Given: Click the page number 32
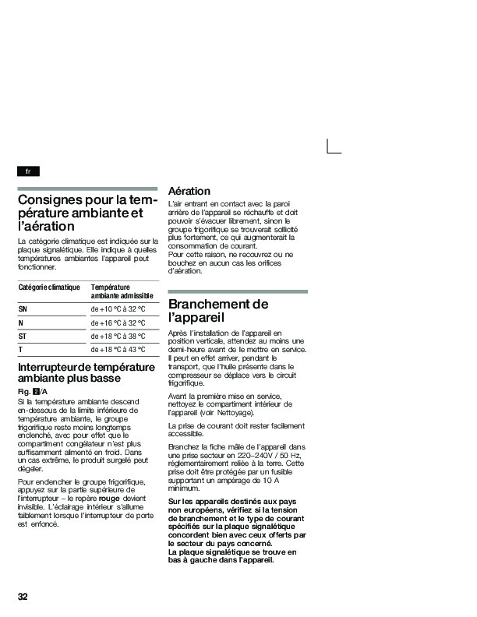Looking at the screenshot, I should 23,597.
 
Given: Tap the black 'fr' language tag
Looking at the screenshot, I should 28,171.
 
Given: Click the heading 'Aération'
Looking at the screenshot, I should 189,191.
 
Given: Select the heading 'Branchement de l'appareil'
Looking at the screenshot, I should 218,310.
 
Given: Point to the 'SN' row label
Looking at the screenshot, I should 23,308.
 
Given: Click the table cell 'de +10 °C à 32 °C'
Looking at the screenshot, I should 118,308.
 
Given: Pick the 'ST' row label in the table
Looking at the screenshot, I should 23,336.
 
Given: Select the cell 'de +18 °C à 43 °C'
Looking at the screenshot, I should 118,350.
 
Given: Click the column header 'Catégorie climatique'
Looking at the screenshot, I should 49,287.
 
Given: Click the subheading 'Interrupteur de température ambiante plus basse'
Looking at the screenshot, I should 86,372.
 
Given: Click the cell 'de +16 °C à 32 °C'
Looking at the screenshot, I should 118,323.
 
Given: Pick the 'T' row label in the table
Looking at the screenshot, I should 20,350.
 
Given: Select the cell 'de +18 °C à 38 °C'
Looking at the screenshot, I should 118,336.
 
